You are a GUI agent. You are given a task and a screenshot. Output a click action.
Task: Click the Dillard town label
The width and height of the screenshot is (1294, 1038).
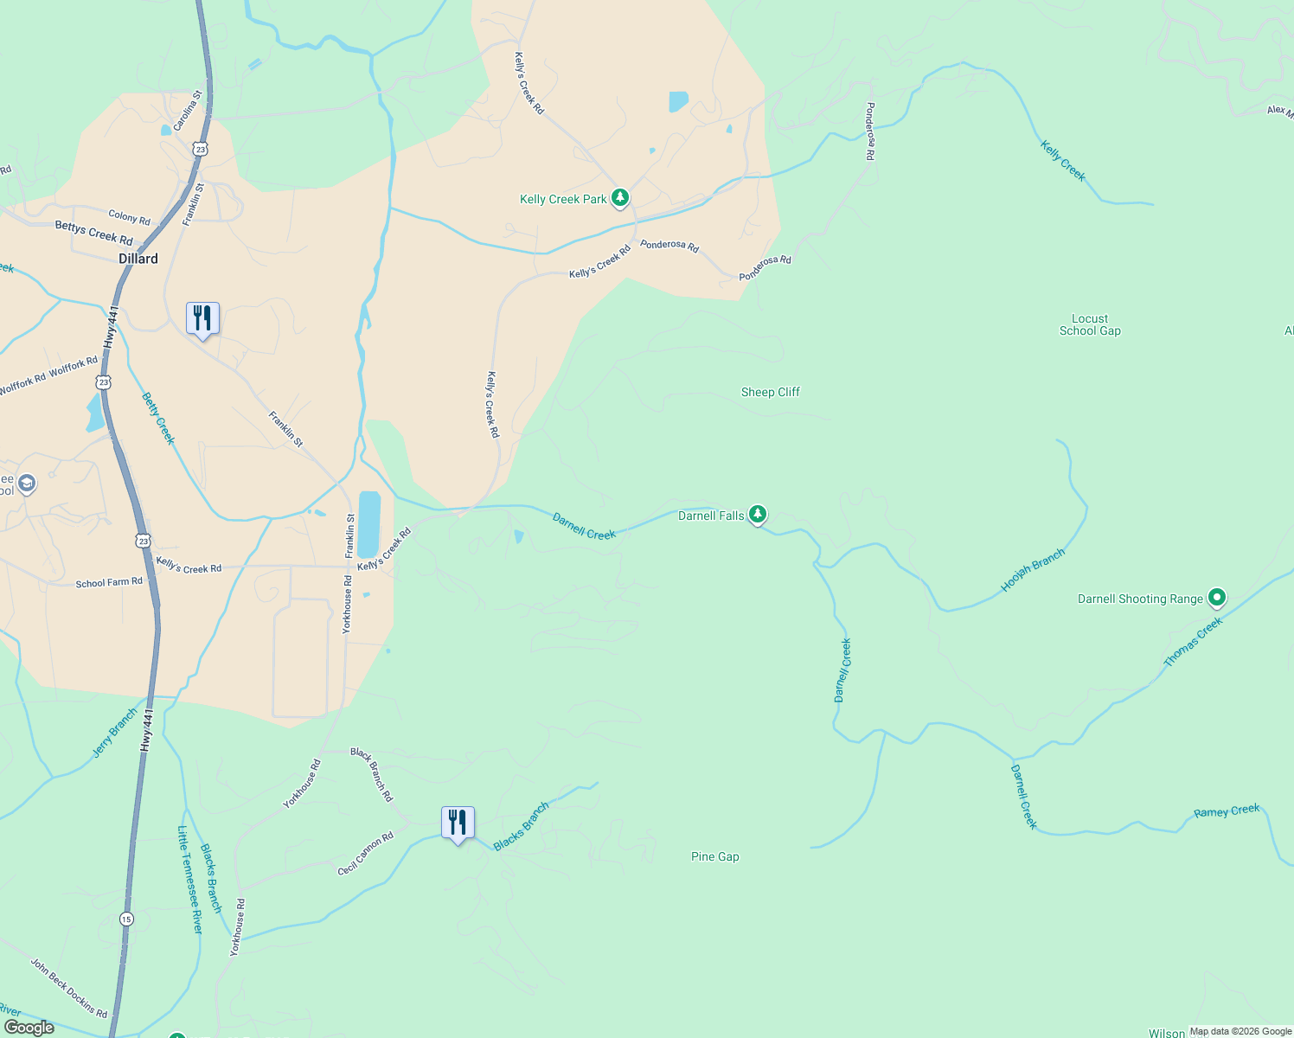tap(138, 259)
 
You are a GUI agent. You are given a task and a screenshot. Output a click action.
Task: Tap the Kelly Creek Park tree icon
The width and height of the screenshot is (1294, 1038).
tap(619, 198)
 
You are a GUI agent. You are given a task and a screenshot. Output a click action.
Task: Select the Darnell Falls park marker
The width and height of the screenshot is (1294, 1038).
tap(758, 515)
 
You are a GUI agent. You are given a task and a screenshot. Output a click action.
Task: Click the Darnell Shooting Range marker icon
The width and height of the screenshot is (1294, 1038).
tap(1217, 597)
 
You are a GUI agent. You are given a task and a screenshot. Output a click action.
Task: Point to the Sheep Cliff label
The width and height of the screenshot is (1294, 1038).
tap(770, 392)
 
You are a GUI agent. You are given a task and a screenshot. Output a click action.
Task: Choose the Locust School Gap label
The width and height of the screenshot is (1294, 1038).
tap(1090, 324)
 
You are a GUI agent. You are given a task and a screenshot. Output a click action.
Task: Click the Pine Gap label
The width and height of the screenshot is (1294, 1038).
tap(714, 856)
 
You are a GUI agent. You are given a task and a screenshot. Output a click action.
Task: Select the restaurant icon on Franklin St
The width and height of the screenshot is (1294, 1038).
tap(202, 318)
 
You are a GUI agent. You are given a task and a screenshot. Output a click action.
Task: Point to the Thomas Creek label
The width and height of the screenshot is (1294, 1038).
tap(1193, 641)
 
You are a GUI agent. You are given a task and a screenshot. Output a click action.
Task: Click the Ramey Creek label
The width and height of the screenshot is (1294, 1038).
tap(1227, 811)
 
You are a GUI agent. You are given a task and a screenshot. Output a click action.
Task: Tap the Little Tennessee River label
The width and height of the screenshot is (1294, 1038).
tap(189, 879)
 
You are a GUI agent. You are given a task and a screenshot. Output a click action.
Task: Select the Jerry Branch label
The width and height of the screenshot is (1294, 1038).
tap(115, 733)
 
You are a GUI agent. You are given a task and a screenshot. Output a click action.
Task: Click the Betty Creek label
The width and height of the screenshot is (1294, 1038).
tap(158, 419)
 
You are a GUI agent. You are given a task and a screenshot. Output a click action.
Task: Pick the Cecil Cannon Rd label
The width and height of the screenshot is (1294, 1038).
tap(365, 854)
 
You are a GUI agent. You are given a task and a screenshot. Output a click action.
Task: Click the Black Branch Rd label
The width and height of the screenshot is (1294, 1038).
tap(371, 774)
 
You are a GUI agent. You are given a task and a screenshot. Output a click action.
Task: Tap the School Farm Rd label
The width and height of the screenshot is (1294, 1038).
tap(109, 583)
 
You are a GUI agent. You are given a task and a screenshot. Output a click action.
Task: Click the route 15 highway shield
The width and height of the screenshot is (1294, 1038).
tap(127, 919)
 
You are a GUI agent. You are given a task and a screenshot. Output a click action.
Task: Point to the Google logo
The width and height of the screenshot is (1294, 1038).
tap(29, 1027)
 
